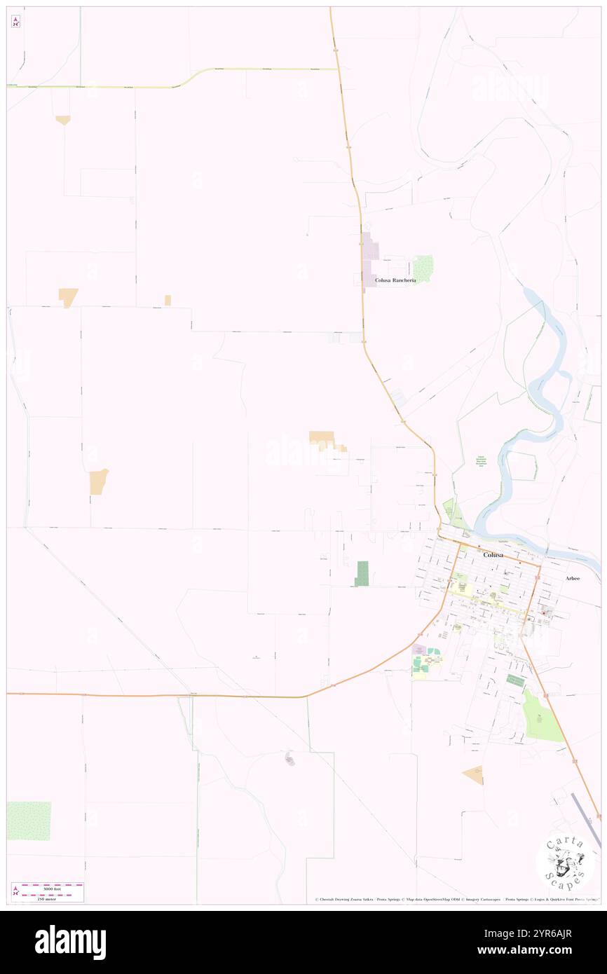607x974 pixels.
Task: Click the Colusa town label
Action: pyautogui.click(x=493, y=554)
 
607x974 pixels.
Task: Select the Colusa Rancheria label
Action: pyautogui.click(x=395, y=280)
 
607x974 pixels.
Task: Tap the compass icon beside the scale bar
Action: pyautogui.click(x=15, y=890)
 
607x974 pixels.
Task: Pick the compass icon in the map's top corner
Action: pyautogui.click(x=15, y=22)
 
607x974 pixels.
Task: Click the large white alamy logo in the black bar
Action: pyautogui.click(x=70, y=942)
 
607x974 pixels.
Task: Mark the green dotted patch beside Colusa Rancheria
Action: pyautogui.click(x=423, y=268)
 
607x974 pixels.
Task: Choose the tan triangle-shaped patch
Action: pyautogui.click(x=474, y=774)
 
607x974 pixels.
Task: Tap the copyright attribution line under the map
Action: pyautogui.click(x=456, y=900)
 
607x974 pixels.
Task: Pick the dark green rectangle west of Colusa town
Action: pyautogui.click(x=362, y=573)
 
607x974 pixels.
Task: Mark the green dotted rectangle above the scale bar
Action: pyautogui.click(x=29, y=821)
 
